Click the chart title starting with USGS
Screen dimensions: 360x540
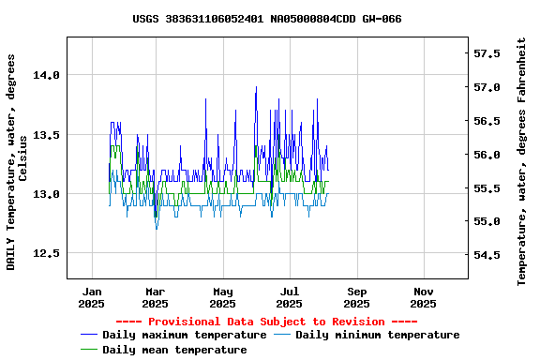tap(267, 19)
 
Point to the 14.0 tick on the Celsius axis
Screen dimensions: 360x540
tap(47, 75)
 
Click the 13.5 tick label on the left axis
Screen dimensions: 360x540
tap(47, 135)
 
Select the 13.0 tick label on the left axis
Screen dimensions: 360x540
tap(47, 194)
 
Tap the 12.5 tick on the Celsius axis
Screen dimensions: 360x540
tap(47, 253)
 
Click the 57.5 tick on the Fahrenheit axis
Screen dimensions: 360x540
tap(489, 53)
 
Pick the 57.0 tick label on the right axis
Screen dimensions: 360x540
tap(489, 87)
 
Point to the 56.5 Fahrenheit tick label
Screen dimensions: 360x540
tap(489, 121)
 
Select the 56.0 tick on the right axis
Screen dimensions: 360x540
tap(489, 155)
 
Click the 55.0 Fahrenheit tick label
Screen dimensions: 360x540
tap(489, 221)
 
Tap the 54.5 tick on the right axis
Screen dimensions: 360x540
tap(489, 255)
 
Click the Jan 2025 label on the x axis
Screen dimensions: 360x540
tap(92, 297)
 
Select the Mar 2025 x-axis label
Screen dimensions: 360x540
tap(156, 297)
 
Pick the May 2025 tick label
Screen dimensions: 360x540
tap(222, 297)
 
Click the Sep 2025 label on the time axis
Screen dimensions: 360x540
tap(356, 297)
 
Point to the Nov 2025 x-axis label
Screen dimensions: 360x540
tap(423, 297)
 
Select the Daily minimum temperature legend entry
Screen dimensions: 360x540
tap(377, 335)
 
